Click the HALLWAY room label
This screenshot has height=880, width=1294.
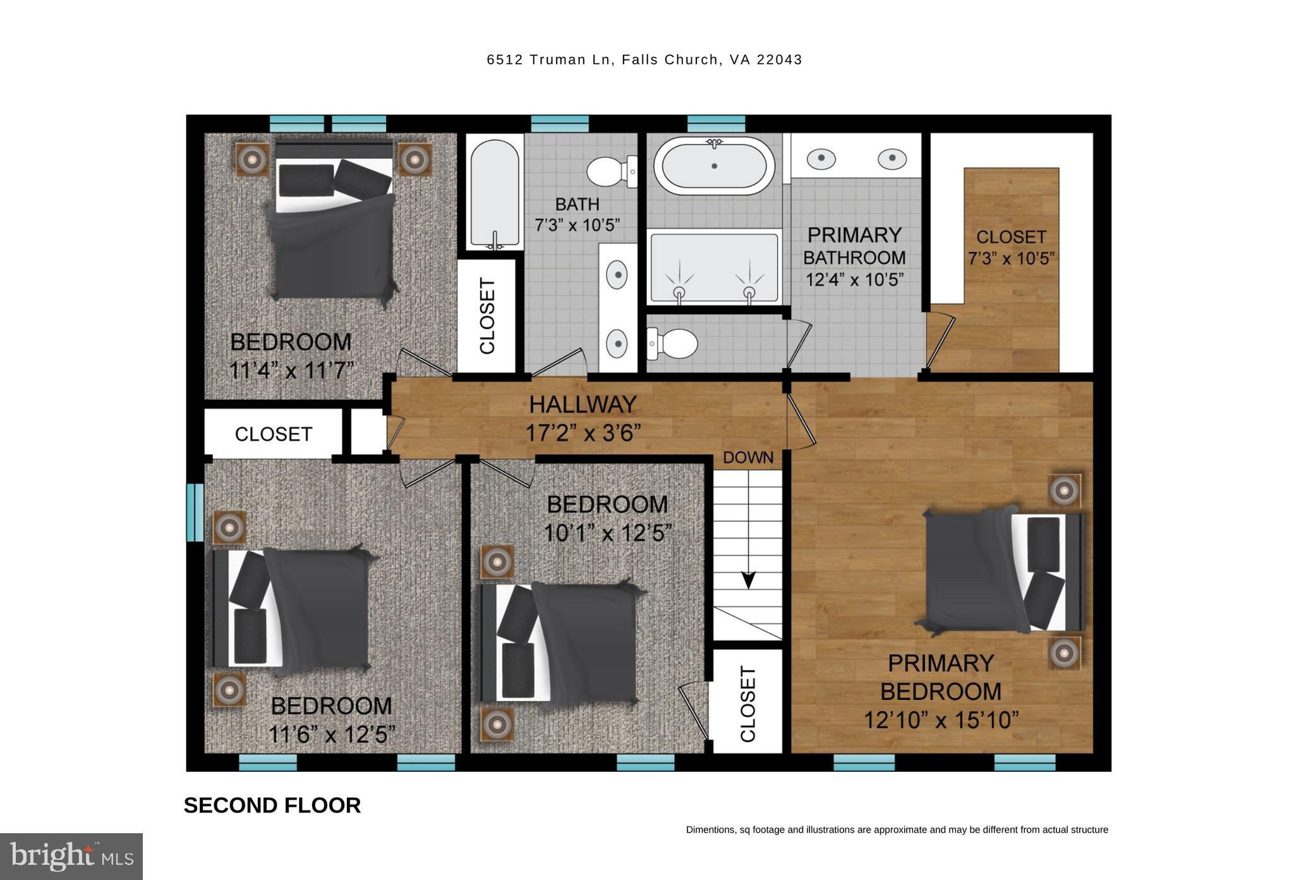pos(583,405)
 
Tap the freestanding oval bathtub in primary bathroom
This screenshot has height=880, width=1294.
pos(714,166)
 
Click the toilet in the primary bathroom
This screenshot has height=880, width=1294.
pos(672,344)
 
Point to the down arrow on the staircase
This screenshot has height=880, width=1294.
pos(748,578)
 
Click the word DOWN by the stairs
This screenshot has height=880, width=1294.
pos(748,458)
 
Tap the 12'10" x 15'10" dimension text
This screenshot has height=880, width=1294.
pos(941,720)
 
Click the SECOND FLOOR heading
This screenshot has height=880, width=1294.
pos(272,805)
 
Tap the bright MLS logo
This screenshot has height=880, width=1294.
pos(71,856)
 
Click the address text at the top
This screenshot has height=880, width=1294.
pos(644,59)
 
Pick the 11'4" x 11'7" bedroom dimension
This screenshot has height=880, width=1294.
pos(291,370)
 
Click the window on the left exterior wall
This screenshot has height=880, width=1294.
pos(195,512)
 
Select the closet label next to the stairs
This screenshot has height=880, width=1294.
pos(747,705)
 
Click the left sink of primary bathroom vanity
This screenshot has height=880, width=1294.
pos(821,158)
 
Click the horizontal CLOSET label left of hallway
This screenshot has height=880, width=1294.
pos(274,434)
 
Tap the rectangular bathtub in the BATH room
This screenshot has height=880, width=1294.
pos(495,193)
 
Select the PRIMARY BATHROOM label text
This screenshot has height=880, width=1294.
pos(854,246)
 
